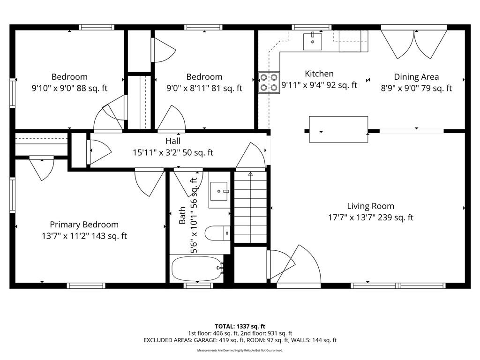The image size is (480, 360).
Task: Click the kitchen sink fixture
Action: (313, 41)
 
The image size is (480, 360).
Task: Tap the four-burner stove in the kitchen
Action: (269, 82)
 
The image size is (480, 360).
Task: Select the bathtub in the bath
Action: (197, 269)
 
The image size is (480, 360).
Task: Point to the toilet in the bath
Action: (217, 233)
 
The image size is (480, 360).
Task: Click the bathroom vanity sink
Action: (219, 191)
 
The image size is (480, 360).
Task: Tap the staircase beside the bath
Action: (250, 207)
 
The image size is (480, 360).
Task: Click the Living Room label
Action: (370, 206)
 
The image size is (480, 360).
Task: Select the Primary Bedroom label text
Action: (84, 225)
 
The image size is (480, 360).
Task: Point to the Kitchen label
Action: (319, 74)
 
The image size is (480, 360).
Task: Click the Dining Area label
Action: (416, 77)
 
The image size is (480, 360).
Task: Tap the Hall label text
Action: (173, 141)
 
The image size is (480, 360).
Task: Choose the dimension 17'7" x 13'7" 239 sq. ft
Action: (371, 217)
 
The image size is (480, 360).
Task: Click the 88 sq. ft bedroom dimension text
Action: (70, 89)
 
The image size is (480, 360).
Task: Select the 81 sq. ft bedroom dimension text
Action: (204, 89)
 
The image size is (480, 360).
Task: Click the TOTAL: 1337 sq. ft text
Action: (240, 326)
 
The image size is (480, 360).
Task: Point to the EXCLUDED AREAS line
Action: (240, 340)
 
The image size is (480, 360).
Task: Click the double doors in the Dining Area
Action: (414, 43)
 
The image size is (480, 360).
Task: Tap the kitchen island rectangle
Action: (338, 129)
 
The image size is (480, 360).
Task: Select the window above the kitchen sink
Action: (312, 27)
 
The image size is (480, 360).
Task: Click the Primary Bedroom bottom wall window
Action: (86, 286)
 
